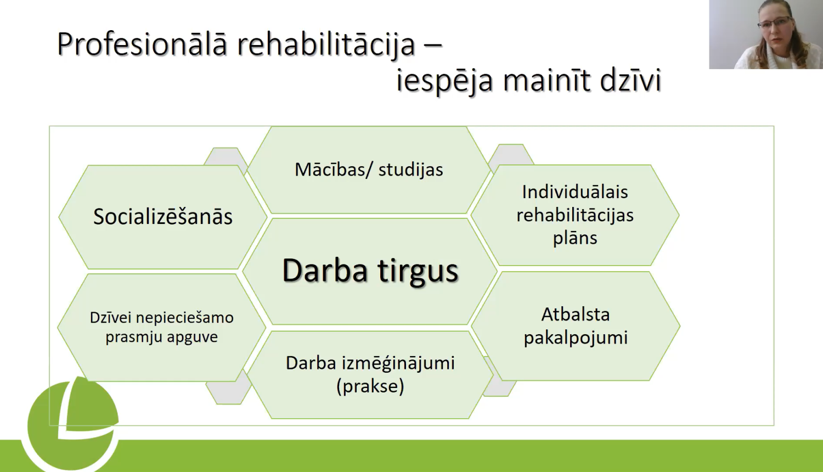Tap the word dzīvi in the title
(630, 81)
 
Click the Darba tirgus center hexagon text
(370, 271)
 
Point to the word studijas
(410, 170)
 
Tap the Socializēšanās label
(163, 217)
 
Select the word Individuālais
(575, 192)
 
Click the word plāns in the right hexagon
(575, 238)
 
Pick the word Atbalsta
(576, 314)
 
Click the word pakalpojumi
(576, 338)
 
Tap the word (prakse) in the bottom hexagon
(370, 386)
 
